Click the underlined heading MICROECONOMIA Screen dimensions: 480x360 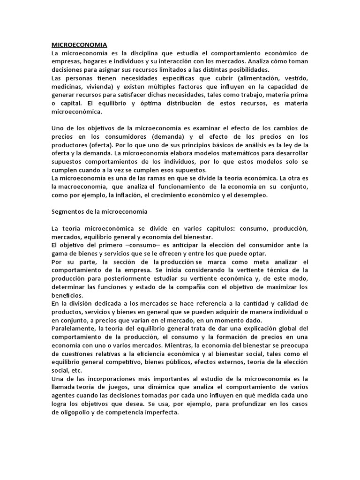pos(79,45)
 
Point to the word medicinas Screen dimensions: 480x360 pos(66,87)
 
